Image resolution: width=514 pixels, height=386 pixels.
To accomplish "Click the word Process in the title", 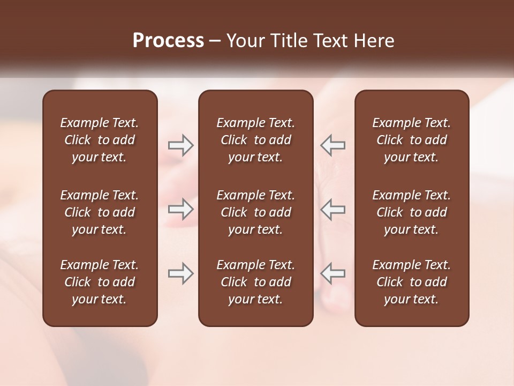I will (x=168, y=41).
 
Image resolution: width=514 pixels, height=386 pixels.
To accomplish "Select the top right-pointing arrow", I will (x=180, y=145).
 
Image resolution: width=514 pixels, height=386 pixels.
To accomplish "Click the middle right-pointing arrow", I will (x=180, y=209).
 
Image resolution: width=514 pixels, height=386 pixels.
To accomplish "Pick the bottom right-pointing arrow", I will (x=180, y=273).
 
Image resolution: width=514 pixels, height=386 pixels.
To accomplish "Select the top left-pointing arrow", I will (x=333, y=145).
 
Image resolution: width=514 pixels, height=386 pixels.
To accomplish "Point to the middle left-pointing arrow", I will (x=333, y=209).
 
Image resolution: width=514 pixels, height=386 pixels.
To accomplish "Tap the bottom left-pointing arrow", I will (x=333, y=273).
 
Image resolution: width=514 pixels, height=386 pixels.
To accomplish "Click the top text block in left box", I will (x=100, y=140).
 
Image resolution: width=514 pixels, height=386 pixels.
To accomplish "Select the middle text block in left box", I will (x=100, y=212).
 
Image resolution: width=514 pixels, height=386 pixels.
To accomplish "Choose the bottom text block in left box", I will (x=100, y=282).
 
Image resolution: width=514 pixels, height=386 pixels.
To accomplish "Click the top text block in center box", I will (x=255, y=140).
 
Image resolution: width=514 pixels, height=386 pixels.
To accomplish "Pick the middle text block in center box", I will (x=255, y=212).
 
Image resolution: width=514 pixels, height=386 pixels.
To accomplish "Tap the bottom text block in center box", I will (x=255, y=282).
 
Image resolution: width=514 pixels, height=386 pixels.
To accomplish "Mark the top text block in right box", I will (x=412, y=140).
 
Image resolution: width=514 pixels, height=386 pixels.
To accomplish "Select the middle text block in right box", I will (x=412, y=212).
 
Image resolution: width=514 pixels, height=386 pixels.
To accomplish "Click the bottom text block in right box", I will (x=412, y=282).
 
